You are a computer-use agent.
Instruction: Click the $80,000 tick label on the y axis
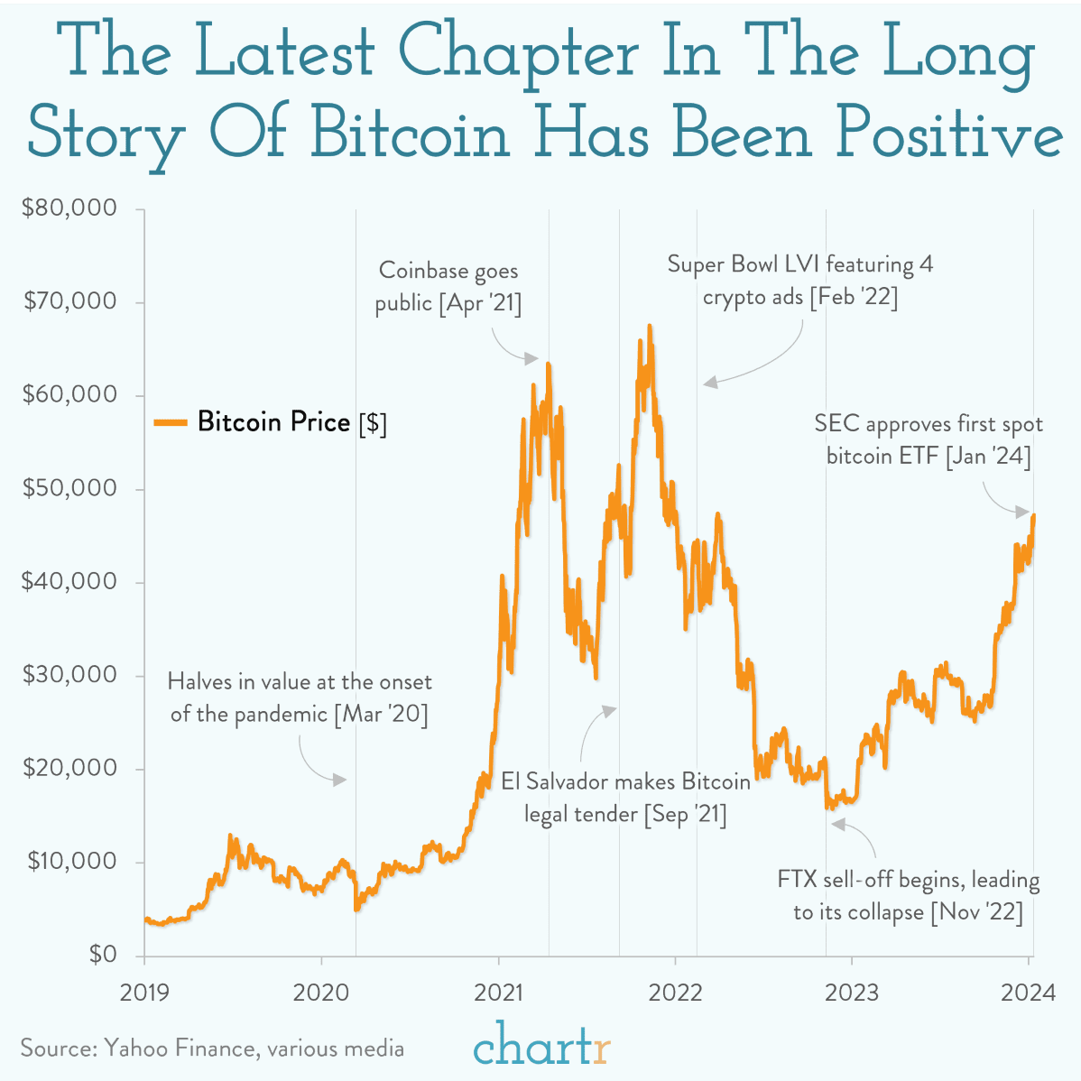click(69, 208)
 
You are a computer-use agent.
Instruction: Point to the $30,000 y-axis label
click(69, 675)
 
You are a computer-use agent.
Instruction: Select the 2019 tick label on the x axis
click(144, 993)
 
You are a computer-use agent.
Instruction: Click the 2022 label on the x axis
click(675, 993)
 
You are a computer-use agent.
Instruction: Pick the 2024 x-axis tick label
click(1029, 993)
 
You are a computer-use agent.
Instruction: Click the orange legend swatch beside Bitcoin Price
click(170, 422)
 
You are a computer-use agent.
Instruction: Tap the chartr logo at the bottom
click(541, 1047)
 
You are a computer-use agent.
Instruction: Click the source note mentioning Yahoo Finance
click(212, 1049)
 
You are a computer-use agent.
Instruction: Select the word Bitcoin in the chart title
click(411, 135)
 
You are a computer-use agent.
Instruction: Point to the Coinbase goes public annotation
click(448, 287)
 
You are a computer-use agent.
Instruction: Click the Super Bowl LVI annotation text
click(800, 281)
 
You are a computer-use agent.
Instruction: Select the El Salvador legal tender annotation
click(625, 798)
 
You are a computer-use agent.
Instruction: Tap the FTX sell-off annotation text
click(909, 895)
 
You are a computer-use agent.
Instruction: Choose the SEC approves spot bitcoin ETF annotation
click(929, 439)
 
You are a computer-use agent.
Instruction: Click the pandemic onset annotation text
click(300, 698)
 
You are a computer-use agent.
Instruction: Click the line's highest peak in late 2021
click(649, 326)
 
